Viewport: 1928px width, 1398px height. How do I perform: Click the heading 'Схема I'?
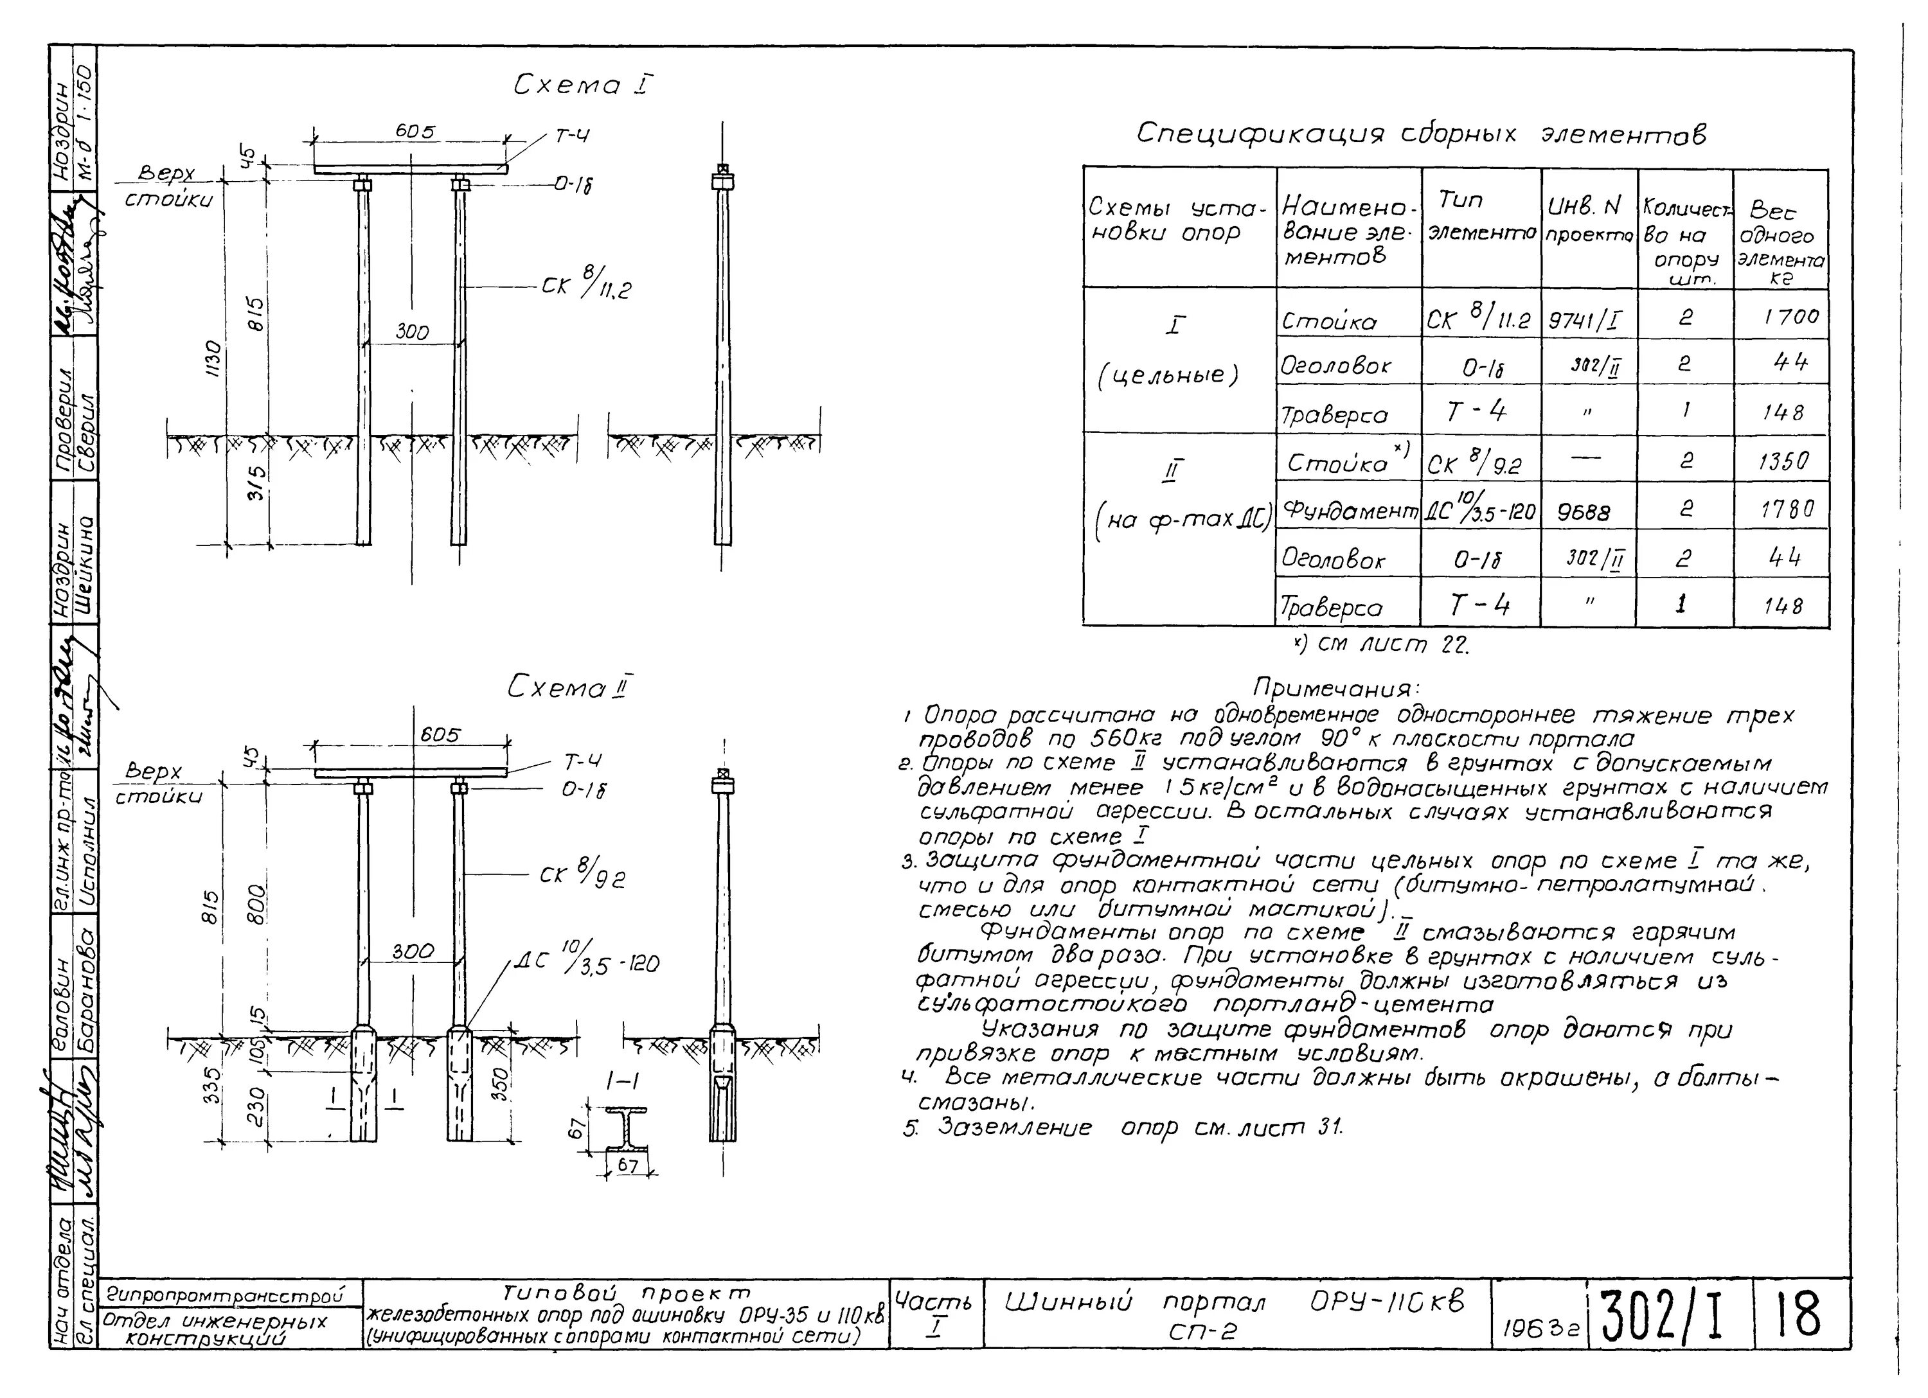point(583,84)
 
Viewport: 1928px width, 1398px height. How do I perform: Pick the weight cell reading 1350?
point(1783,461)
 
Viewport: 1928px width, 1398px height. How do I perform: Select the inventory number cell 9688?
point(1584,511)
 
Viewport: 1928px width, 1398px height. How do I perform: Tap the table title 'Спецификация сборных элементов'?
point(1422,134)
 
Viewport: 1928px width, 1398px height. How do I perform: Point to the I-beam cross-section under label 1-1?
point(627,1128)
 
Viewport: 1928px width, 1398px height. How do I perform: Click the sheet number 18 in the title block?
point(1801,1313)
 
